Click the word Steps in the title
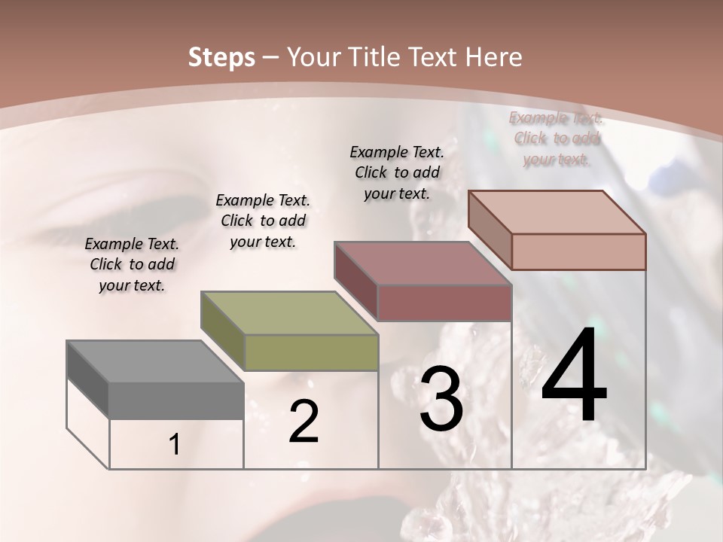tap(221, 57)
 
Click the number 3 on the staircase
tap(441, 399)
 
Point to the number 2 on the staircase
tap(304, 422)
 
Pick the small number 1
tap(175, 445)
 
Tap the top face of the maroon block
tap(423, 263)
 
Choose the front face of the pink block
tap(578, 251)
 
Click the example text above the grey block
tap(132, 265)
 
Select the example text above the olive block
tap(263, 221)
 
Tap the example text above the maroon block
tap(397, 172)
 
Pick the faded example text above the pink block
tap(557, 139)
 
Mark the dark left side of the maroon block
tap(355, 280)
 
